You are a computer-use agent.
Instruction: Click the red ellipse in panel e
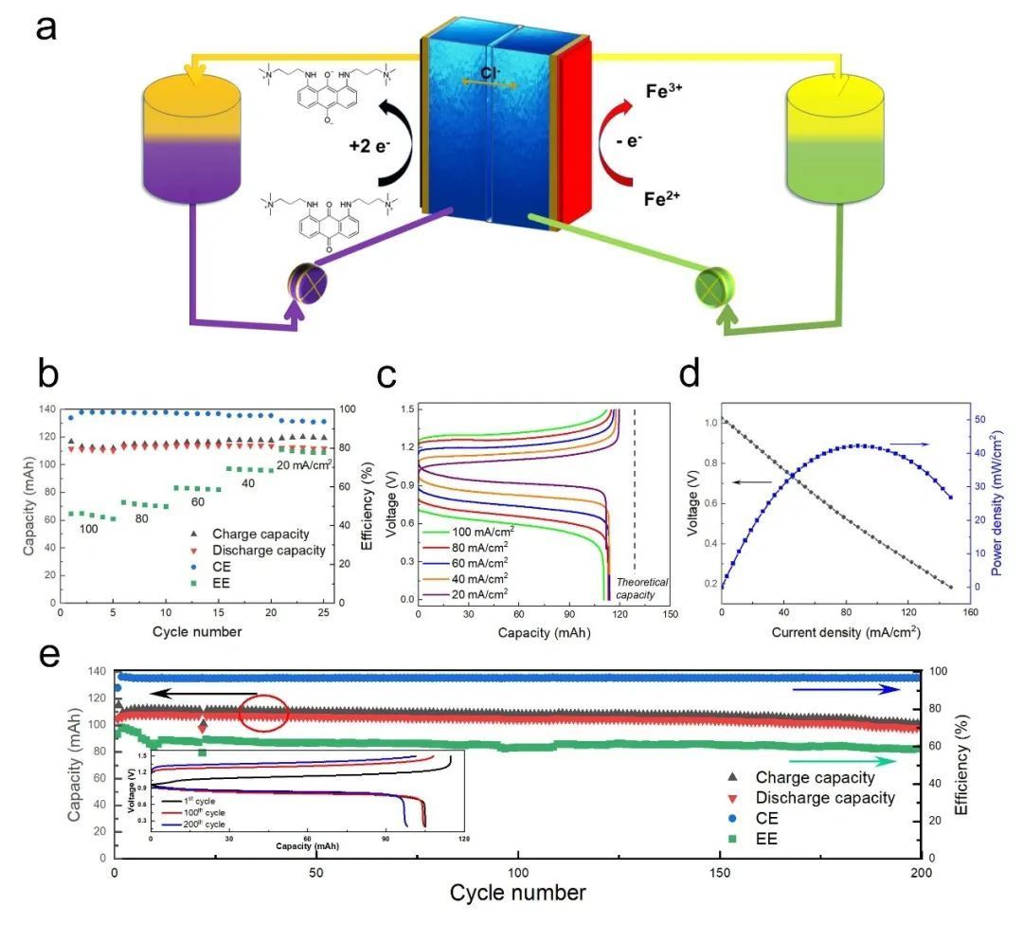(x=262, y=713)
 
